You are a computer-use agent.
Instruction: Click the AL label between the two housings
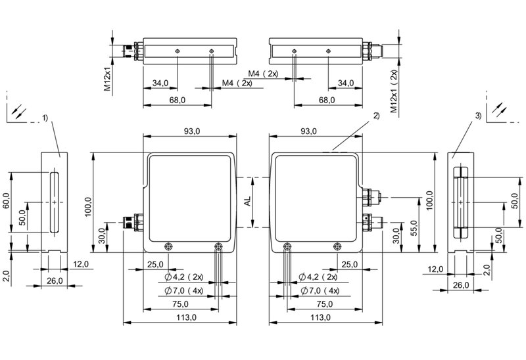(248, 202)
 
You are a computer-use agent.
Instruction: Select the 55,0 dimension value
(414, 228)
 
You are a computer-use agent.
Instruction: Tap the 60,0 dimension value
(6, 201)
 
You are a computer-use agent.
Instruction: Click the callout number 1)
(45, 118)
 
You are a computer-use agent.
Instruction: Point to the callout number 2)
(376, 116)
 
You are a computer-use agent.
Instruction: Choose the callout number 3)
(479, 116)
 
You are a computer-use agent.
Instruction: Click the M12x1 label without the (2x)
(107, 79)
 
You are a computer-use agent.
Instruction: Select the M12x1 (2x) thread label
(394, 91)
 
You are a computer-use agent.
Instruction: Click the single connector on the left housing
(133, 222)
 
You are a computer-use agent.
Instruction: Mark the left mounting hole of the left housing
(168, 247)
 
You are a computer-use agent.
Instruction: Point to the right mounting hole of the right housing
(337, 247)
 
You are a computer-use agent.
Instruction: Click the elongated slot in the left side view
(55, 202)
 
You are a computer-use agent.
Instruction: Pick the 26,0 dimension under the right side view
(461, 285)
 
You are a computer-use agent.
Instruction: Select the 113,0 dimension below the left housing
(187, 317)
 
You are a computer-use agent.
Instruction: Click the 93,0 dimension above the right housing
(308, 131)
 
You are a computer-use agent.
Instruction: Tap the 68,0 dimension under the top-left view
(177, 100)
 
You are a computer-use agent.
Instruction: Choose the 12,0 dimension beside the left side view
(81, 264)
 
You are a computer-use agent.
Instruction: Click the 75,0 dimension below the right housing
(325, 304)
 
